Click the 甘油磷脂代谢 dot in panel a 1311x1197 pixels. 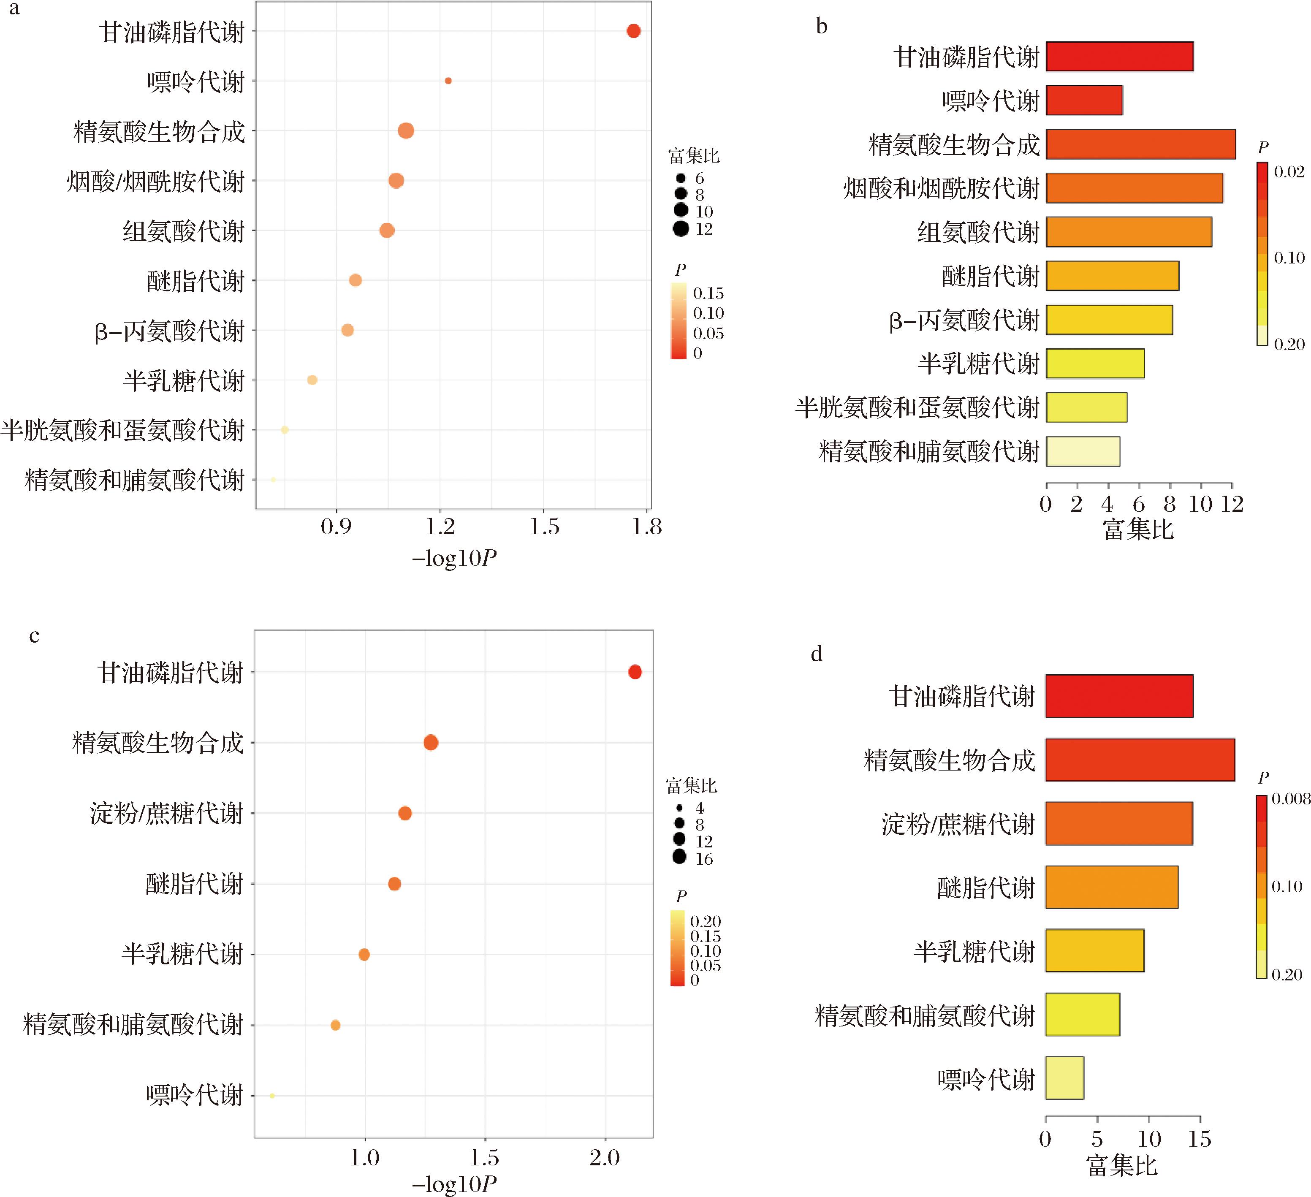(x=633, y=30)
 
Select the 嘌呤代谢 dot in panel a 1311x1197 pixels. (x=448, y=81)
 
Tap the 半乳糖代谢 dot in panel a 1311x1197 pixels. (x=312, y=380)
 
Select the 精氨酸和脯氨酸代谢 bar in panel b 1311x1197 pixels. (x=1083, y=451)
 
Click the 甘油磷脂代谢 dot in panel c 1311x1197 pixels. (x=635, y=672)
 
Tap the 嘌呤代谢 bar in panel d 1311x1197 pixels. (x=1064, y=1078)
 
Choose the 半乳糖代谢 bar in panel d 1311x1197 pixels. (x=1094, y=950)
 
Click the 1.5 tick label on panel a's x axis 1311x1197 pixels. (x=544, y=527)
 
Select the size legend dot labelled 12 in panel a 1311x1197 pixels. (x=681, y=229)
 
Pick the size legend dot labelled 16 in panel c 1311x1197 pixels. (x=679, y=858)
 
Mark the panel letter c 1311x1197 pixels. (x=35, y=635)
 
